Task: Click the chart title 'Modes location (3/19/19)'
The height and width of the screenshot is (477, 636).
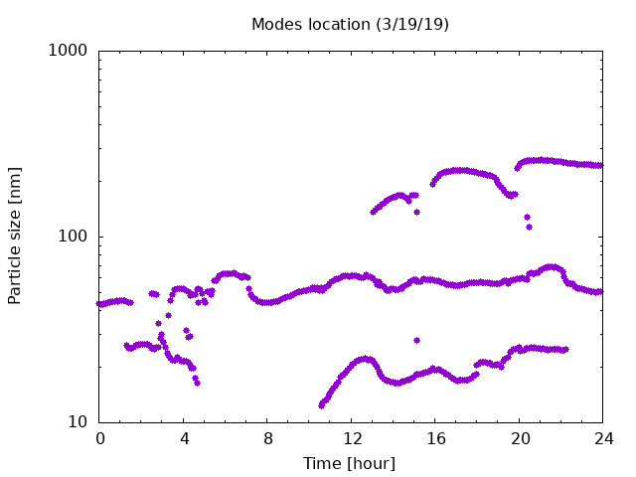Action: tap(350, 24)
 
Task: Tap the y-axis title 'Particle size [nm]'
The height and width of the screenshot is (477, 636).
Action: tap(14, 236)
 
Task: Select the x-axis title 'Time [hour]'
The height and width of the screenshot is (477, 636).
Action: tap(349, 463)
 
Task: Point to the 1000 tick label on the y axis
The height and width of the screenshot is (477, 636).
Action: tap(68, 51)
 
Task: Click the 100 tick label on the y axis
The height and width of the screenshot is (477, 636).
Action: tap(73, 237)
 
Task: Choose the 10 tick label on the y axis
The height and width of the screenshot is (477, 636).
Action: tap(78, 421)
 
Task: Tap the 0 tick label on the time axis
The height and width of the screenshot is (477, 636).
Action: tap(99, 438)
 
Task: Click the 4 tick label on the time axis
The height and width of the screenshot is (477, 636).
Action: tap(184, 438)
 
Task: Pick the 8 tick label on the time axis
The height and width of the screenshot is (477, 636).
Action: tap(267, 438)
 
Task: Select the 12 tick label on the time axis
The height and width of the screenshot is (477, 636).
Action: tap(352, 438)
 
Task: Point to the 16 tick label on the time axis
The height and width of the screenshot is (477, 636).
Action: tap(435, 438)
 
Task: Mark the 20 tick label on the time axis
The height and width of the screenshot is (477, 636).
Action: tap(520, 438)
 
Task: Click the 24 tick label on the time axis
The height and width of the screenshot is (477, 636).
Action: tap(603, 438)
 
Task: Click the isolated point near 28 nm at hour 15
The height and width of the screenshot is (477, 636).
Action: tap(416, 340)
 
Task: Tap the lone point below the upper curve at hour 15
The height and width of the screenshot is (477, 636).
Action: tap(416, 212)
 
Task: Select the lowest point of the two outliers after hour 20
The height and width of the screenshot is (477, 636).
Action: tap(529, 228)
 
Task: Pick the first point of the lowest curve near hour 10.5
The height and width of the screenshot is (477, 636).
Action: tap(321, 405)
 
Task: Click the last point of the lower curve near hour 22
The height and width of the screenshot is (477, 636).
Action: tap(565, 349)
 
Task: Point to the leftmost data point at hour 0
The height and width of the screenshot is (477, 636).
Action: tap(98, 303)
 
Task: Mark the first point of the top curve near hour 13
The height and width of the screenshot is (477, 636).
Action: tap(373, 212)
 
